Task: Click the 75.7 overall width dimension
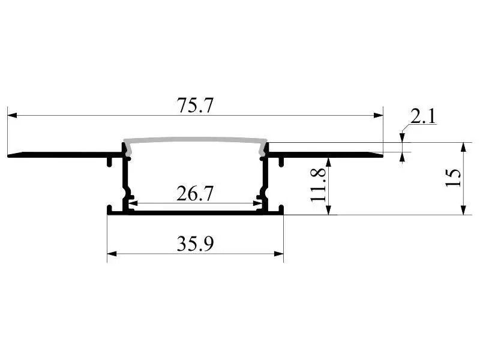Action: coord(194,105)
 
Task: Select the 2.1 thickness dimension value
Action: coord(423,116)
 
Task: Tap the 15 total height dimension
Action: coord(454,178)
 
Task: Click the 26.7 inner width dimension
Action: coord(194,193)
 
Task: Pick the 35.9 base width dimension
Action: coord(195,244)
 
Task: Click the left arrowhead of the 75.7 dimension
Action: coord(12,115)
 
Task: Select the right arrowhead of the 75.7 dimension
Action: coord(379,115)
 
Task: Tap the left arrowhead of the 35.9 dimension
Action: coord(112,254)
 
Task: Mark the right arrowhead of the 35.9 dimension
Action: coord(279,254)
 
